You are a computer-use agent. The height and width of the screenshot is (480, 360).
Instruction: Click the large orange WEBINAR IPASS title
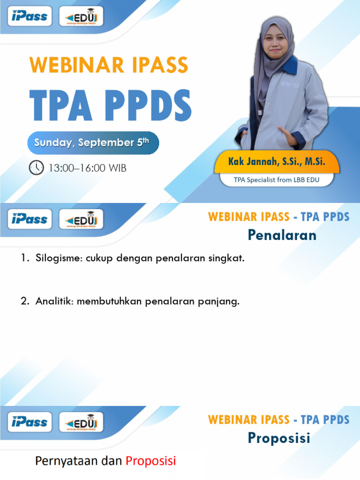pos(109,65)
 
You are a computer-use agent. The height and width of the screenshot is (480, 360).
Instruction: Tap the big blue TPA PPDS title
pos(111,107)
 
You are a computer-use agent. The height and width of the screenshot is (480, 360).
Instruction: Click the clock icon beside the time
pos(37,167)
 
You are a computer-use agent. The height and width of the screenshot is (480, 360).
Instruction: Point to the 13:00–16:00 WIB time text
pos(87,168)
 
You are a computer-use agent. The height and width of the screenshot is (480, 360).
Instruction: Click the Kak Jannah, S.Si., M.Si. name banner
pos(277,162)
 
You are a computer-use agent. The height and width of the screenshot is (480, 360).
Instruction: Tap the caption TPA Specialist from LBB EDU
pos(277,179)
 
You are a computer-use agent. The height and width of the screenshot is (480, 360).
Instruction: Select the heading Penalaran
pos(282,235)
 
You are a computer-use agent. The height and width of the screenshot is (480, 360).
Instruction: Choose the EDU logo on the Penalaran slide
pos(81,219)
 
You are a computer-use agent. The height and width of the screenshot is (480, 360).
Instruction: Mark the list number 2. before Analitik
pos(25,301)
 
